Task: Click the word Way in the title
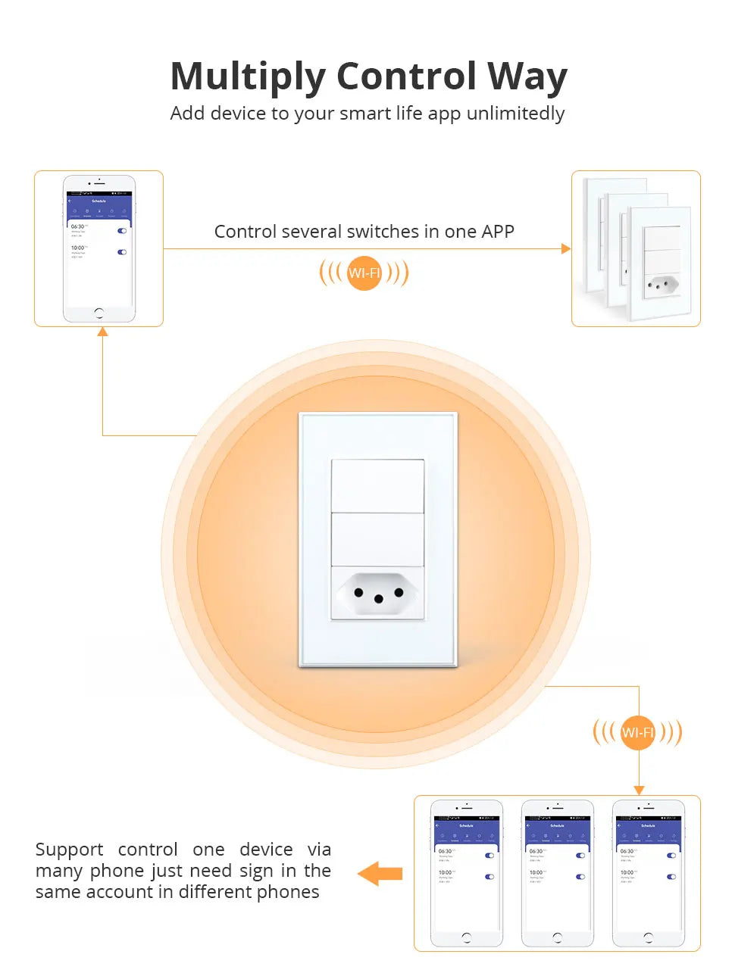point(527,77)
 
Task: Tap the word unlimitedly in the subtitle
point(515,114)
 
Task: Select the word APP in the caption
point(497,232)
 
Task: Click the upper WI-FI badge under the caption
point(364,273)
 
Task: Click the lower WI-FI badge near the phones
point(637,732)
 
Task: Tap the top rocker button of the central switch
point(377,485)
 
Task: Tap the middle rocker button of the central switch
point(377,539)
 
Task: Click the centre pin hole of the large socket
point(379,599)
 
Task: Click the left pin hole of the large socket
point(358,592)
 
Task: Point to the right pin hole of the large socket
point(399,592)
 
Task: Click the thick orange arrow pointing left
point(380,873)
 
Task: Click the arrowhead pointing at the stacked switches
point(566,248)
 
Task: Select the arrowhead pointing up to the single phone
point(102,332)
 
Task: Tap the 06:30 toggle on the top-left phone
point(122,231)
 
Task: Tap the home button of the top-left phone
point(99,313)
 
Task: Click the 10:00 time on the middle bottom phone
point(536,872)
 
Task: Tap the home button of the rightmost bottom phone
point(648,937)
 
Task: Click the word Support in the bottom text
point(69,850)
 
